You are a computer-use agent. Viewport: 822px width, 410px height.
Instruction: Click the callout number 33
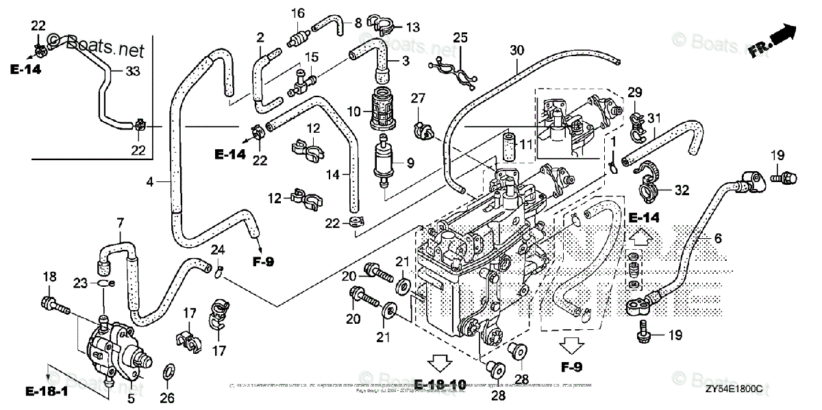tap(133, 71)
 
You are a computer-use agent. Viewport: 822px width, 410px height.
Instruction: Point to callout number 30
tap(516, 50)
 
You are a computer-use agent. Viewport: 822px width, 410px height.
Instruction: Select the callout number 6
tap(717, 238)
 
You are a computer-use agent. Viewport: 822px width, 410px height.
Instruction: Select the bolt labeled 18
tap(56, 305)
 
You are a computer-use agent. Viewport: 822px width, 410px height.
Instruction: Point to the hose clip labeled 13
tap(381, 28)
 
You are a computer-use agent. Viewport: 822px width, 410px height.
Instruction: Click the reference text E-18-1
tap(47, 392)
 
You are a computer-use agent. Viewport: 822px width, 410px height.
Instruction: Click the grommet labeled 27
tap(421, 129)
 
